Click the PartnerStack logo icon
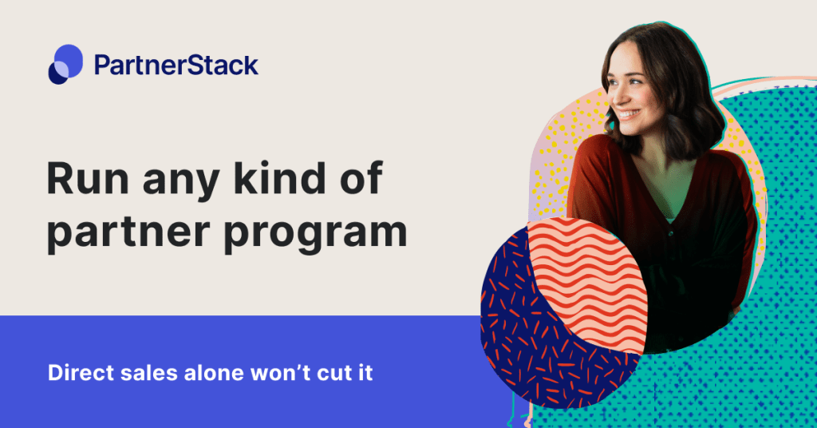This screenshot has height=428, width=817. (65, 64)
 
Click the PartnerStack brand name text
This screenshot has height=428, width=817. (176, 64)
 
